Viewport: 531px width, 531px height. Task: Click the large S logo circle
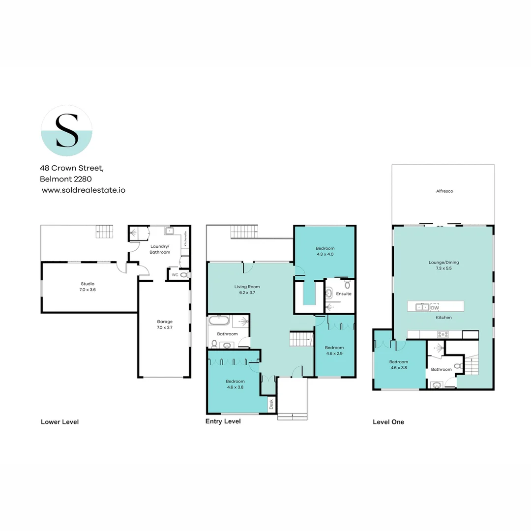click(x=66, y=131)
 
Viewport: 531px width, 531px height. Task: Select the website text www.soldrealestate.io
click(x=83, y=190)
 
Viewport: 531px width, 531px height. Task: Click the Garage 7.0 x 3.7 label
click(x=165, y=324)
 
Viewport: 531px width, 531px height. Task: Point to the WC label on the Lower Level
click(x=174, y=275)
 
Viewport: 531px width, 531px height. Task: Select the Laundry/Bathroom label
click(x=160, y=249)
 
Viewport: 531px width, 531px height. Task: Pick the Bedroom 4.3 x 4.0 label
click(x=324, y=251)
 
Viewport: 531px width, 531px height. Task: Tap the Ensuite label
click(x=344, y=294)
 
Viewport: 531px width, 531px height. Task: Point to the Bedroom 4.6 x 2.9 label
click(x=334, y=350)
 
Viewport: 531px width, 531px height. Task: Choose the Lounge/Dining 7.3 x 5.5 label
click(x=443, y=265)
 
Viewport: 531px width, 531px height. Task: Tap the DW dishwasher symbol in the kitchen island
click(x=434, y=307)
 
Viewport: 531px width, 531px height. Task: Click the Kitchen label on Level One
click(x=443, y=318)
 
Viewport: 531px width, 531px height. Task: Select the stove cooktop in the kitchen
click(x=442, y=334)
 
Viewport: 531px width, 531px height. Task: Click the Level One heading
click(x=388, y=422)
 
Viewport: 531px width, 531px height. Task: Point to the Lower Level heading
click(x=59, y=422)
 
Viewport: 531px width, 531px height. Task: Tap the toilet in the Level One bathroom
click(x=457, y=366)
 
